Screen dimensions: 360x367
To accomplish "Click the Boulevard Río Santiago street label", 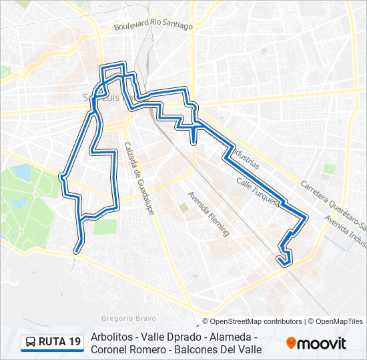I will click(x=153, y=25).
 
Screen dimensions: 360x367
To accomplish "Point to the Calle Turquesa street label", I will click(x=257, y=191).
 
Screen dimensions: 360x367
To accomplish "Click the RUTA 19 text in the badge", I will click(x=60, y=342).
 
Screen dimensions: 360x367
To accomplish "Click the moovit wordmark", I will click(x=322, y=343).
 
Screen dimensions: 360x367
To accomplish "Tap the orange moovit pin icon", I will click(x=291, y=343).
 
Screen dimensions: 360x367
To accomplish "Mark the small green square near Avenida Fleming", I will click(x=183, y=208).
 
